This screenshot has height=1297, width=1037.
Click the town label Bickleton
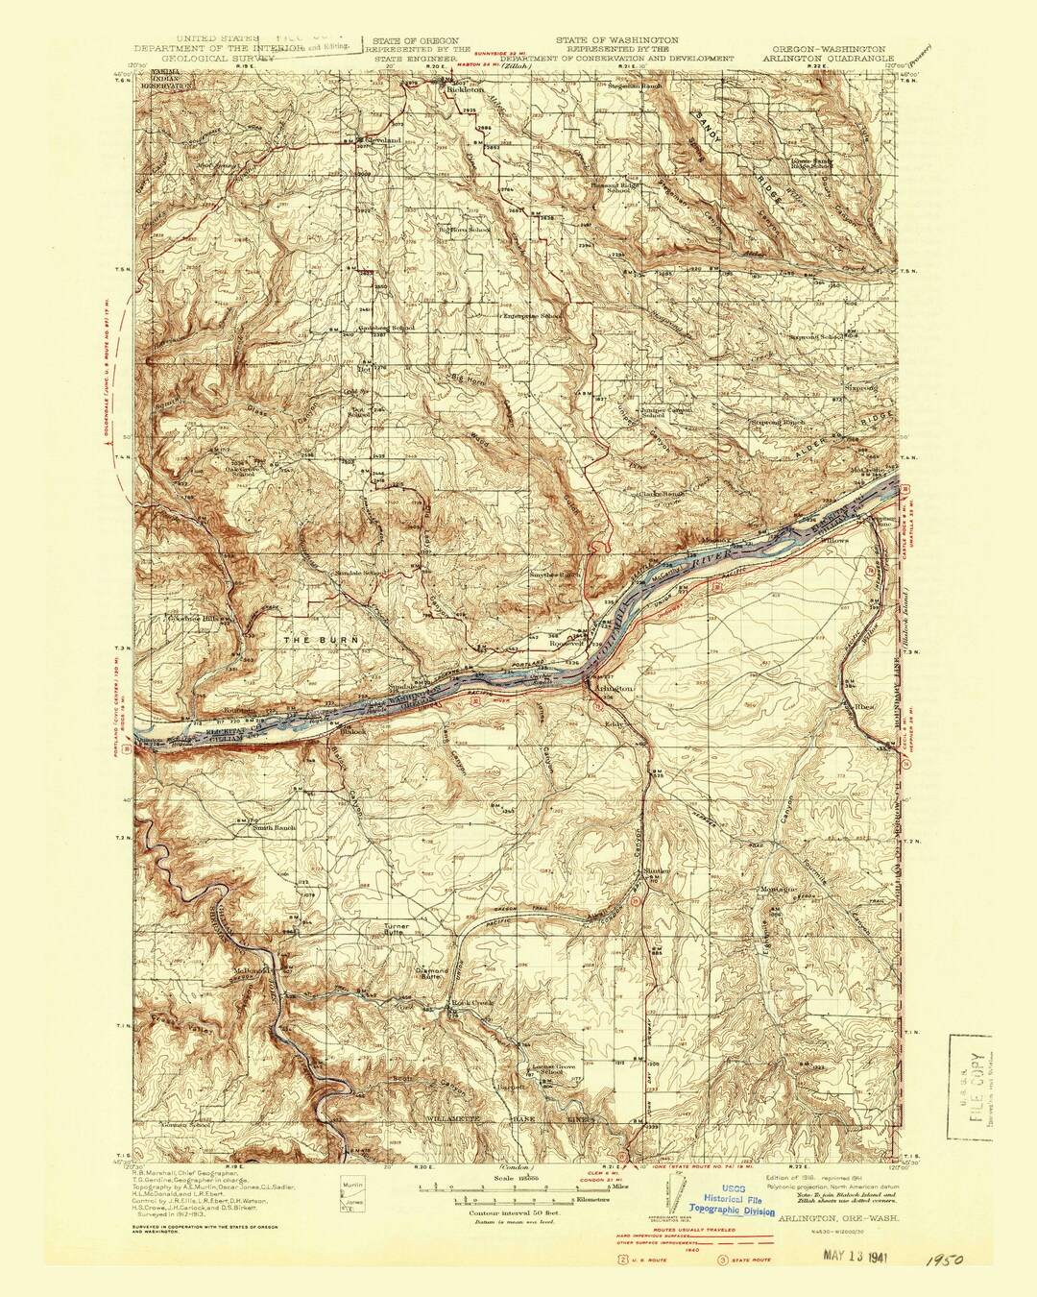pos(465,92)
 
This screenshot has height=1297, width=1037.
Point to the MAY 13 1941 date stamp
pos(863,1255)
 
